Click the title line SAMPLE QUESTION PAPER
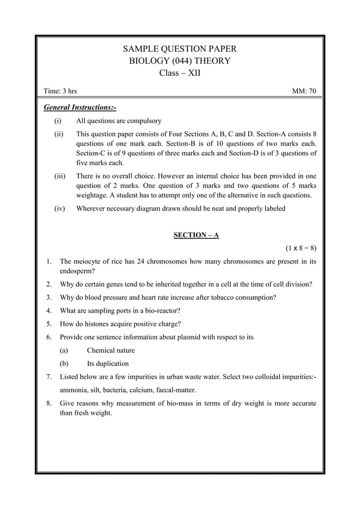[x=179, y=49]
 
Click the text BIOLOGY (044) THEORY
[x=179, y=61]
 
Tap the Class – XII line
[x=179, y=73]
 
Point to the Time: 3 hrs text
[x=61, y=91]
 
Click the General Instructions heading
[x=80, y=107]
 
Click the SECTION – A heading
[x=196, y=235]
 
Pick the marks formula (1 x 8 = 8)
[x=301, y=248]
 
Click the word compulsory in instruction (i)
[x=143, y=121]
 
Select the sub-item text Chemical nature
[x=111, y=350]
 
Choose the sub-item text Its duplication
[x=107, y=363]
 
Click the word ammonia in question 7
[x=75, y=389]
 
